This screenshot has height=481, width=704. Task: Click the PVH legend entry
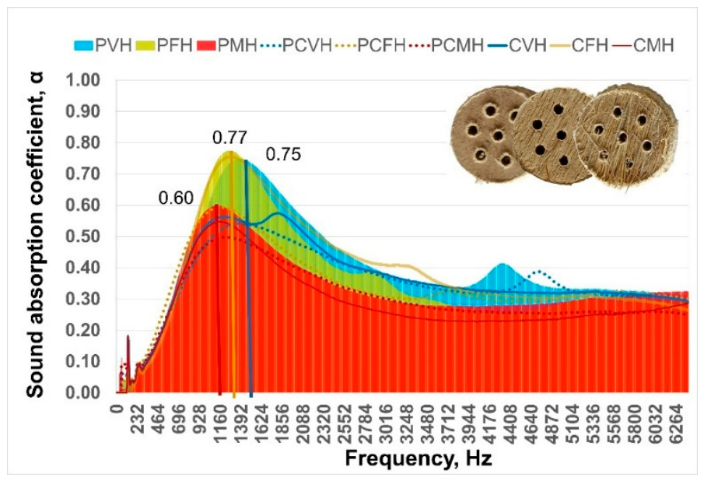tap(103, 45)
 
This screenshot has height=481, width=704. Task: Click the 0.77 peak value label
tap(229, 138)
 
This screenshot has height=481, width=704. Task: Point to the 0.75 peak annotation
tap(283, 154)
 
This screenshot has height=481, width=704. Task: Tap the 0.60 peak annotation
tap(176, 198)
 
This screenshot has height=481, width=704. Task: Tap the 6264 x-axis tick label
tap(676, 419)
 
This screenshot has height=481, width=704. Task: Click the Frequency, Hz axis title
tap(418, 458)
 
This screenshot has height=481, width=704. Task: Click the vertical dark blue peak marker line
tap(248, 279)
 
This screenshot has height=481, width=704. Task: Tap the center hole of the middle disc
tap(561, 135)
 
